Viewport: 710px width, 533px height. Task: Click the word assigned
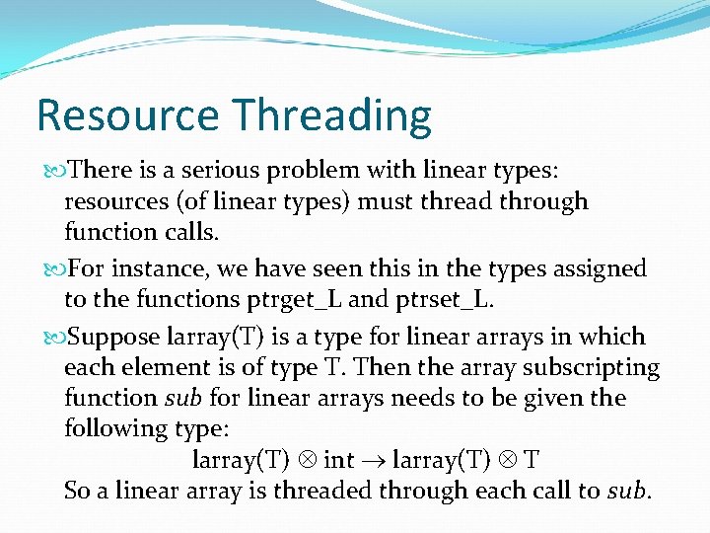599,268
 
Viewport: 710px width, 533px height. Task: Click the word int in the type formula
338,460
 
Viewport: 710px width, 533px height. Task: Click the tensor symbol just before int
307,461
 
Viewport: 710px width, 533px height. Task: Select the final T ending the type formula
532,460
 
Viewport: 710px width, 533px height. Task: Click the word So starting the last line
76,491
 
